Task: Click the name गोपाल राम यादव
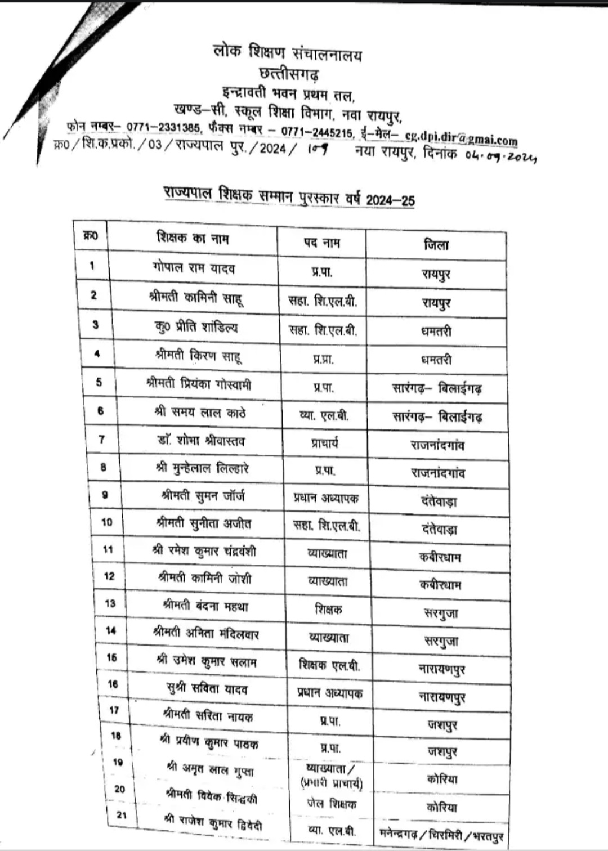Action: pyautogui.click(x=193, y=267)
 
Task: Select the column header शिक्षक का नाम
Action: pyautogui.click(x=193, y=238)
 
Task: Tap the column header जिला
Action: pyautogui.click(x=436, y=245)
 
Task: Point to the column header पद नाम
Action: pyautogui.click(x=322, y=242)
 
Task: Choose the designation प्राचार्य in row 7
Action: pyautogui.click(x=325, y=444)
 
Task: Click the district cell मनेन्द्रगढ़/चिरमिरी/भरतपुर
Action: pyautogui.click(x=441, y=835)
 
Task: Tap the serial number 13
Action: pyautogui.click(x=110, y=603)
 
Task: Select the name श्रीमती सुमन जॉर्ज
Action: pyautogui.click(x=203, y=496)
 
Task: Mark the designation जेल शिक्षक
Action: pyautogui.click(x=331, y=804)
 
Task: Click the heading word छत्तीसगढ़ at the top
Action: pyautogui.click(x=288, y=74)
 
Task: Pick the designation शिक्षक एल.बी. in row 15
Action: pyautogui.click(x=329, y=665)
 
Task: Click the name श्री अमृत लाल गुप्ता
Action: pyautogui.click(x=210, y=768)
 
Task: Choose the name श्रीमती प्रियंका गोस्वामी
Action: pyautogui.click(x=198, y=384)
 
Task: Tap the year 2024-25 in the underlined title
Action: pyautogui.click(x=390, y=200)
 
